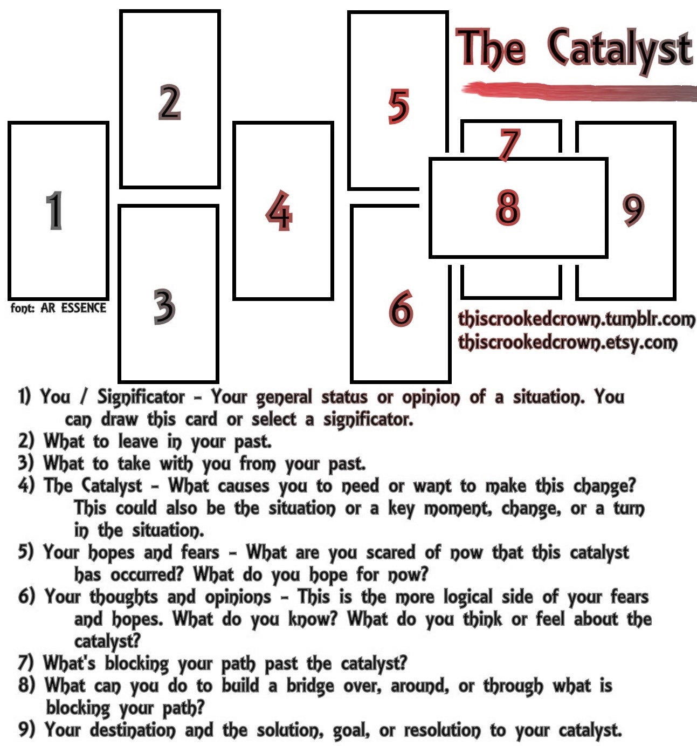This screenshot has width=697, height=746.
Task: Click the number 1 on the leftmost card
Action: [x=54, y=210]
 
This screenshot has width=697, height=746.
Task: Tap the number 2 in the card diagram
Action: [x=169, y=102]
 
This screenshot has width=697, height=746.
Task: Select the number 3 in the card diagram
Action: [x=164, y=306]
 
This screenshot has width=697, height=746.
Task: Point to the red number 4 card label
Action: [x=279, y=211]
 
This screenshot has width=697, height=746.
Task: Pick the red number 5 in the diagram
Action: [x=398, y=106]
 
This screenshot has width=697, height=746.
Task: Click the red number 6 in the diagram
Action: [x=401, y=309]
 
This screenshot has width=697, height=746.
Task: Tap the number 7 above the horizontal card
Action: [x=509, y=145]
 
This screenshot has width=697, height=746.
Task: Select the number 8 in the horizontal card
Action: [x=508, y=207]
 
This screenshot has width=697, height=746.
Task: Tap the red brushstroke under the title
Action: [x=577, y=91]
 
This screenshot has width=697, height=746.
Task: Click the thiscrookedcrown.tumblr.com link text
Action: [x=576, y=319]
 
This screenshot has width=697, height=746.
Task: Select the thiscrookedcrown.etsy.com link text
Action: [x=567, y=342]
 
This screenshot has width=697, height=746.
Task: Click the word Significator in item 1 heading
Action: [x=141, y=398]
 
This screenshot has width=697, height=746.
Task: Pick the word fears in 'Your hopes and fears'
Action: [x=200, y=552]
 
